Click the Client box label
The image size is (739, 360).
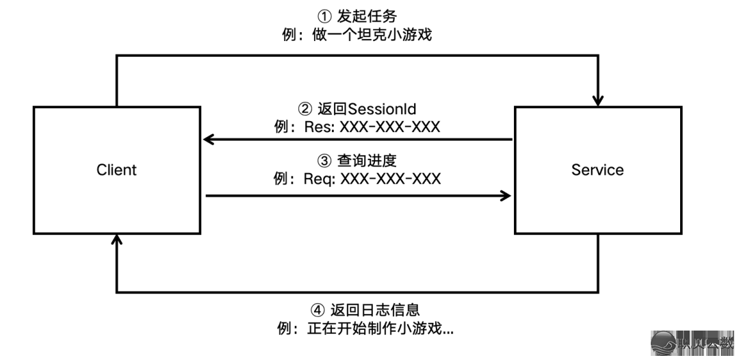[116, 169]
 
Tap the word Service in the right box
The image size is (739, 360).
[597, 169]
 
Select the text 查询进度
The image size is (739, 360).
[367, 160]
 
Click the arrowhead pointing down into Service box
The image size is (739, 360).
[599, 100]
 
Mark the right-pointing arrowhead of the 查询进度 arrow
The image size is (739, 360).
[506, 196]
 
